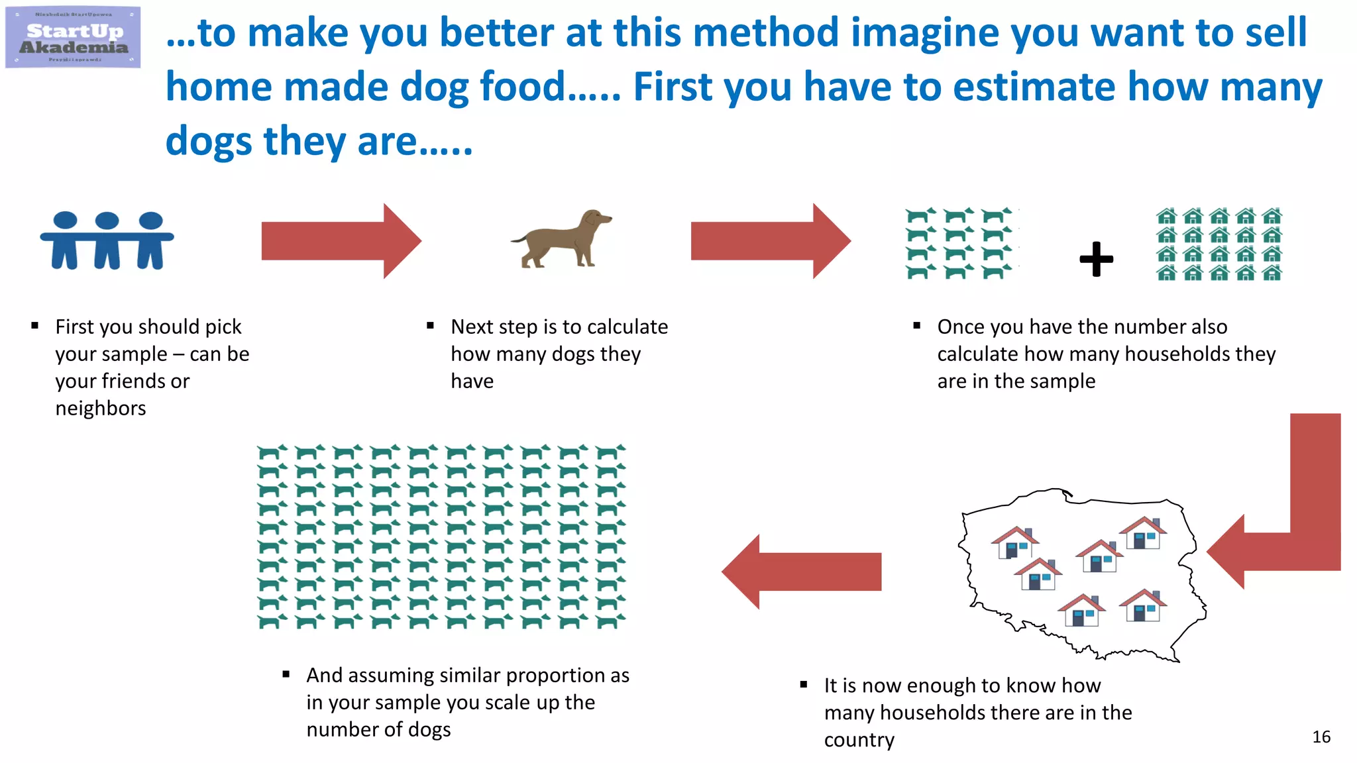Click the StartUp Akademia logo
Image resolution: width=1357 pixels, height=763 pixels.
pyautogui.click(x=73, y=37)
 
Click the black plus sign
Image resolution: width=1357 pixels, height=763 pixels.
pyautogui.click(x=1096, y=258)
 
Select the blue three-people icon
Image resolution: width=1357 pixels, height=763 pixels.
pyautogui.click(x=107, y=240)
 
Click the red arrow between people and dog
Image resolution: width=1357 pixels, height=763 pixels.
pyautogui.click(x=341, y=241)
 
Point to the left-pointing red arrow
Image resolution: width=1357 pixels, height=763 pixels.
pyautogui.click(x=802, y=572)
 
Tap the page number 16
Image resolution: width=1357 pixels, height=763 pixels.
pyautogui.click(x=1321, y=737)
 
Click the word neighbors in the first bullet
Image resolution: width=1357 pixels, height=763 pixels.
pyautogui.click(x=101, y=408)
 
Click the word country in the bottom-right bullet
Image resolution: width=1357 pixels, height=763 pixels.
pyautogui.click(x=859, y=739)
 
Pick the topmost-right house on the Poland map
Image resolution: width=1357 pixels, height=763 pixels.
pyautogui.click(x=1143, y=533)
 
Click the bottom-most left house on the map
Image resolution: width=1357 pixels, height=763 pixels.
pyautogui.click(x=1081, y=610)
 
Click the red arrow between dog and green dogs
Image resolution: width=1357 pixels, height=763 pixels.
pyautogui.click(x=770, y=241)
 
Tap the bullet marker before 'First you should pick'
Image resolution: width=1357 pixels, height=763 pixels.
pyautogui.click(x=35, y=326)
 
